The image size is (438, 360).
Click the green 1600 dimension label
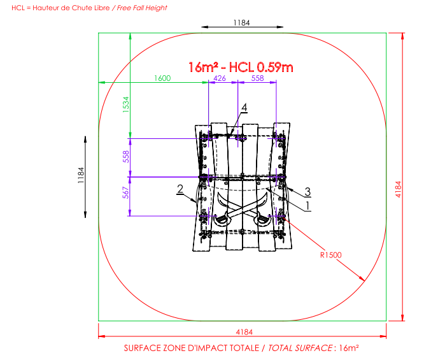click(x=162, y=78)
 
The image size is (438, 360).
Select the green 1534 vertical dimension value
click(x=126, y=104)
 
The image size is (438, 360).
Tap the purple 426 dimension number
click(x=220, y=78)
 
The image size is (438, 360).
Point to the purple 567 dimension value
click(x=126, y=192)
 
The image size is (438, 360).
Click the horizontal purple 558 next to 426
click(x=257, y=78)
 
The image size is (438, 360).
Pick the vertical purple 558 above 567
click(x=126, y=157)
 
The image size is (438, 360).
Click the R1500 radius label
click(x=331, y=255)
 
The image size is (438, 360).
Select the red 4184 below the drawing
click(x=244, y=332)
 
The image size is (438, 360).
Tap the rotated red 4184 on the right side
click(x=399, y=189)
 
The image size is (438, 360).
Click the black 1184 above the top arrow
click(x=242, y=23)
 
